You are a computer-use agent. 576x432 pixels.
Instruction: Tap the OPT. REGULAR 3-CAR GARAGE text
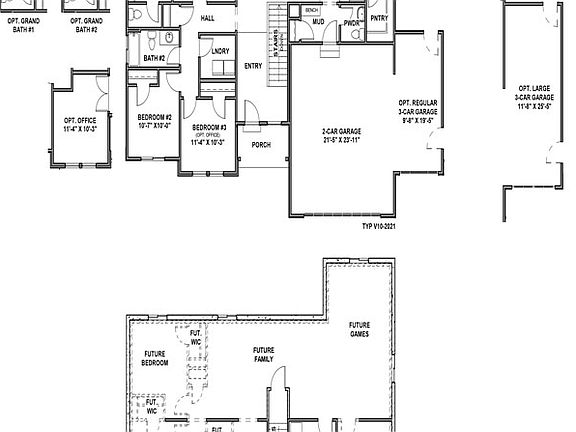(418, 111)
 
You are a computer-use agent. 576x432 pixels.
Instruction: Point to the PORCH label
(261, 145)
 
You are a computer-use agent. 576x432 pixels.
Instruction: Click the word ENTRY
(254, 67)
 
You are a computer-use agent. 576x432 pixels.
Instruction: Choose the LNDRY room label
(219, 50)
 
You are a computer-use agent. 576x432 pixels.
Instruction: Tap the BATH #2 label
(153, 59)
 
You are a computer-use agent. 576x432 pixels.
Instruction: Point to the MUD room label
(318, 21)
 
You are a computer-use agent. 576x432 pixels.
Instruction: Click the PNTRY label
(379, 18)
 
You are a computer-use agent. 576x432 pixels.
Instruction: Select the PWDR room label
(351, 22)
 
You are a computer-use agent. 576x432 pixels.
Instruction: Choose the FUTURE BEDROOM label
(154, 358)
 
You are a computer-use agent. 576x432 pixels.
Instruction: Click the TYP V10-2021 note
(379, 226)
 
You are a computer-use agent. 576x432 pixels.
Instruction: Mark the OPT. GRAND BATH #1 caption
(23, 24)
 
